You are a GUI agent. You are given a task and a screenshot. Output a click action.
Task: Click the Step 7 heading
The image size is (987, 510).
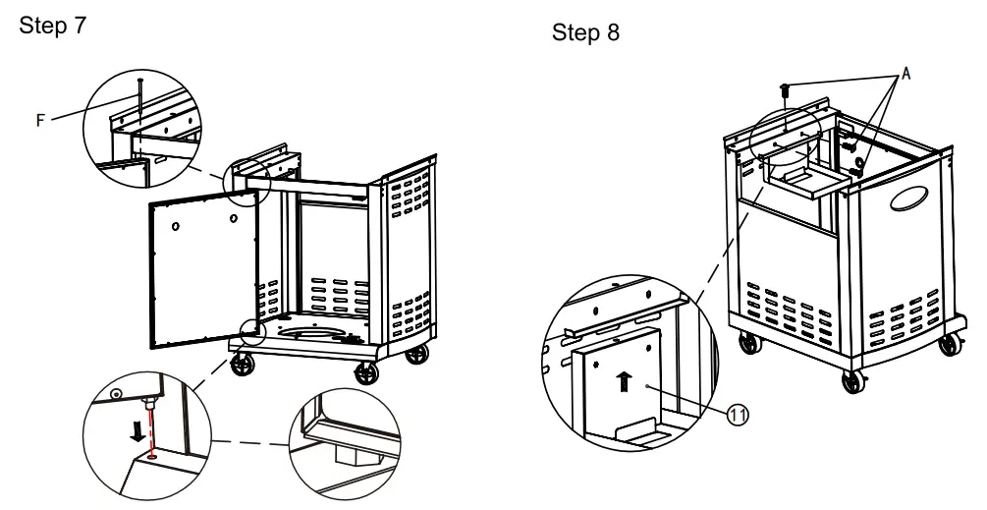click(53, 26)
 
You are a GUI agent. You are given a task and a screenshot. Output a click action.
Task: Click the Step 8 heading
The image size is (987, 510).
click(585, 32)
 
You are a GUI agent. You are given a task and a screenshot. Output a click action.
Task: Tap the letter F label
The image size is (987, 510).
click(40, 120)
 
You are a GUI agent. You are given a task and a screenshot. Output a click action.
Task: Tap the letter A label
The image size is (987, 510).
click(905, 74)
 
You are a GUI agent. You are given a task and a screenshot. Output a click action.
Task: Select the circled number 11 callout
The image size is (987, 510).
click(738, 415)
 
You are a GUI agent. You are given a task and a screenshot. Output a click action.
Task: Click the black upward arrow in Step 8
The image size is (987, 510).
click(624, 381)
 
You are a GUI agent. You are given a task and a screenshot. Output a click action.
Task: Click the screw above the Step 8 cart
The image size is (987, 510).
click(785, 90)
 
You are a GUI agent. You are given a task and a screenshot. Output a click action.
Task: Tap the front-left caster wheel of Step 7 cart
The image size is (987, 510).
click(243, 364)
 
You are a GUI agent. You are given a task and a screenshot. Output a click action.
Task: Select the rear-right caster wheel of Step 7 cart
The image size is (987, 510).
click(416, 354)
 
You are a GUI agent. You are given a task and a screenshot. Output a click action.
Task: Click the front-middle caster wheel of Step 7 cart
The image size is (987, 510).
click(365, 372)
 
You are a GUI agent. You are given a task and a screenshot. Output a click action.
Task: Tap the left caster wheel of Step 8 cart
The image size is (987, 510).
click(749, 343)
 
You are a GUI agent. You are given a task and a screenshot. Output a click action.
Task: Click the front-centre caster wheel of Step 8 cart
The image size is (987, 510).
click(852, 381)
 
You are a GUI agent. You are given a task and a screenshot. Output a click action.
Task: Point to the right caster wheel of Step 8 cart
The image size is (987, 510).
click(950, 344)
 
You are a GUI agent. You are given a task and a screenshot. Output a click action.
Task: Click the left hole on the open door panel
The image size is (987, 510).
click(176, 227)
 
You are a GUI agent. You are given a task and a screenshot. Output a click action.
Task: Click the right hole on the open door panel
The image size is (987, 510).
click(234, 218)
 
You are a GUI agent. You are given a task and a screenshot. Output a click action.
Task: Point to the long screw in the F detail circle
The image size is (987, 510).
click(139, 101)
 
